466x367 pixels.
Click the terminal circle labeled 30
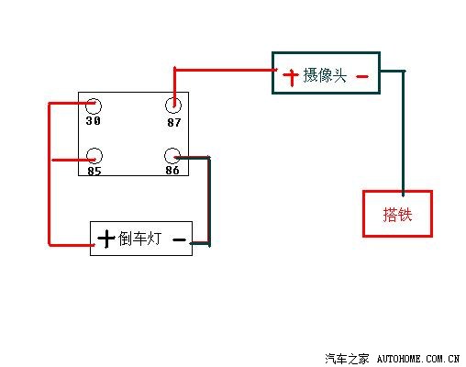coord(93,106)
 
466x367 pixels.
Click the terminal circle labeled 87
coord(173,106)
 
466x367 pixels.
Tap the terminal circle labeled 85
coord(93,155)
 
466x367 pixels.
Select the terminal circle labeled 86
coord(172,155)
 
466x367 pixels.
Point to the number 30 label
coord(93,121)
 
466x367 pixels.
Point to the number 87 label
coord(173,121)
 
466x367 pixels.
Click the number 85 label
coord(93,170)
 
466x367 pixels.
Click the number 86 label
coord(172,170)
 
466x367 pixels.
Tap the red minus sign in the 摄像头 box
coord(361,76)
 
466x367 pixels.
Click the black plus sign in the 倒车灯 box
coord(106,239)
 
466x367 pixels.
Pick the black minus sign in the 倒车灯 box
coord(179,240)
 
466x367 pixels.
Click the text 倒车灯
coord(140,239)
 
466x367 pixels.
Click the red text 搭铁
coord(397,215)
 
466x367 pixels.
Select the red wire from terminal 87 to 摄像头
coord(220,68)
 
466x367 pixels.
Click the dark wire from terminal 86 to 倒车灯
coord(209,202)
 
